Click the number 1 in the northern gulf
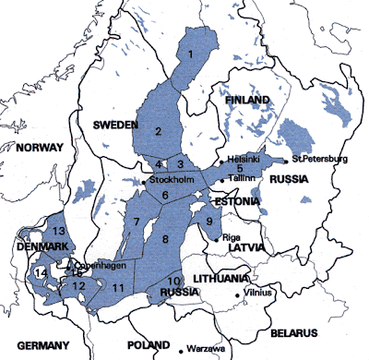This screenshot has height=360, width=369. (191, 54)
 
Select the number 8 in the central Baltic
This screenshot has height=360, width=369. (166, 240)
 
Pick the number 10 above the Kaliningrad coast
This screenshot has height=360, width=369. (173, 280)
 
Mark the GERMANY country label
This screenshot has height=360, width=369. (42, 345)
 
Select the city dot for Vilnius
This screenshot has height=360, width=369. (238, 295)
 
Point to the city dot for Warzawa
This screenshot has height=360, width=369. (180, 350)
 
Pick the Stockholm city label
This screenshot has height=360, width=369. (171, 180)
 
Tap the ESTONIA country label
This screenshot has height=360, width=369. (239, 200)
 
